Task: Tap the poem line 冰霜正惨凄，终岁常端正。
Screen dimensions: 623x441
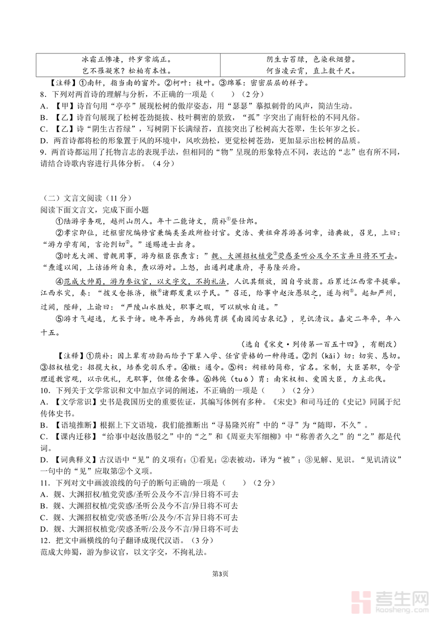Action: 127,60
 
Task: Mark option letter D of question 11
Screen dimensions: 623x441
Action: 44,529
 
